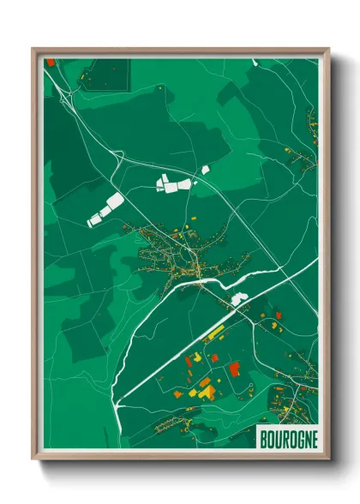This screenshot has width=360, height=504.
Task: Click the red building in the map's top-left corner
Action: [x=50, y=63]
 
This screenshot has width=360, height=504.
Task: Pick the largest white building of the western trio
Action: [x=106, y=209]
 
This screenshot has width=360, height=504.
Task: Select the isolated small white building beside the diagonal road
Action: [x=206, y=170]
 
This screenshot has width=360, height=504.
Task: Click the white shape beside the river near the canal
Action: [x=238, y=299]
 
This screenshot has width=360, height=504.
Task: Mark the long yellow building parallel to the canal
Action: [x=212, y=331]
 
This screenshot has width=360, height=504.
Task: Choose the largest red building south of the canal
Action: [x=234, y=369]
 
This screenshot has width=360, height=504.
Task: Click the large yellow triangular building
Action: [x=206, y=390]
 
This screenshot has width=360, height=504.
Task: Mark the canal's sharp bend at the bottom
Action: [x=118, y=402]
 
